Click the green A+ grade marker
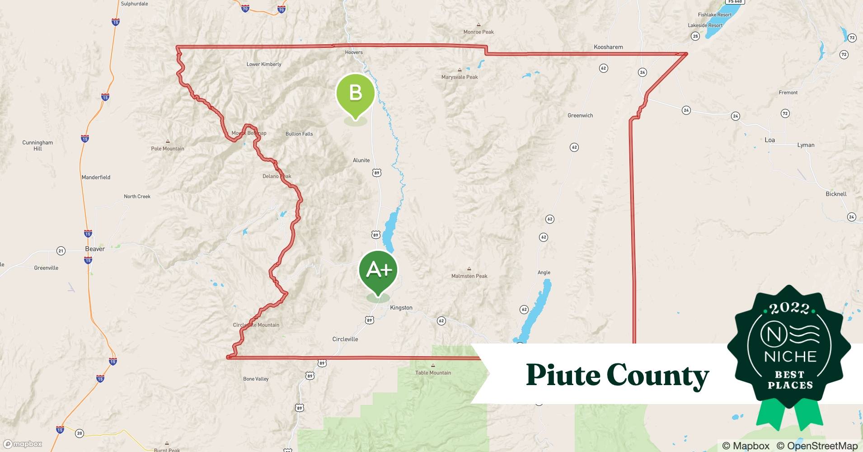pyautogui.click(x=378, y=270)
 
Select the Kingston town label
pyautogui.click(x=401, y=308)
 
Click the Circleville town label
pyautogui.click(x=345, y=339)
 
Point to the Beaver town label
pyautogui.click(x=95, y=249)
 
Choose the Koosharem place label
pyautogui.click(x=608, y=47)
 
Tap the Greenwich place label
pyautogui.click(x=580, y=116)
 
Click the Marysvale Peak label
pyautogui.click(x=460, y=77)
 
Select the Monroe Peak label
pyautogui.click(x=478, y=32)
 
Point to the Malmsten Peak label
pyautogui.click(x=469, y=276)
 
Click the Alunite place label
pyautogui.click(x=361, y=160)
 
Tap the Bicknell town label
pyautogui.click(x=836, y=194)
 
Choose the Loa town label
pyautogui.click(x=770, y=140)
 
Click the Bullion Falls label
pyautogui.click(x=299, y=134)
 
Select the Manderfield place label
pyautogui.click(x=96, y=178)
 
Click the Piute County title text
pyautogui.click(x=617, y=375)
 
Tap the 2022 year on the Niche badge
pyautogui.click(x=789, y=308)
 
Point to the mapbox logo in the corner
pyautogui.click(x=23, y=444)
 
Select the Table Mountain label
pyautogui.click(x=433, y=373)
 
